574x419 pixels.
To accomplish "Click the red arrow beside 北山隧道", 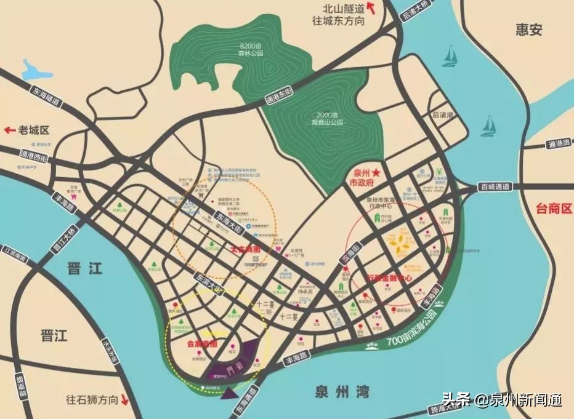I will [372, 7].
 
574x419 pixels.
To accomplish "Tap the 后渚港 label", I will [443, 115].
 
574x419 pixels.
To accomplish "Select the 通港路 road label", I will [555, 145].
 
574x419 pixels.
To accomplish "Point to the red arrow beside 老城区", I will [9, 130].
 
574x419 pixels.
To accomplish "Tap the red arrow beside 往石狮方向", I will [124, 399].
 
